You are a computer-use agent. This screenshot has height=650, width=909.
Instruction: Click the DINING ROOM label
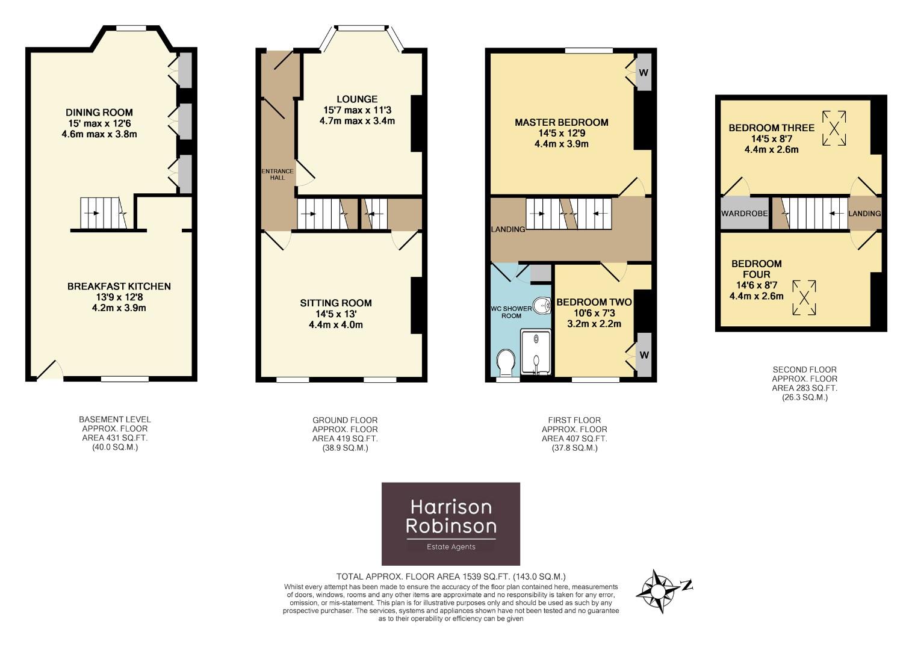pos(99,113)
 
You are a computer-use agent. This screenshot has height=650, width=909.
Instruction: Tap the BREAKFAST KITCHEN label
pos(119,286)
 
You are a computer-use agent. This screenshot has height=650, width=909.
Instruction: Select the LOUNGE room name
pos(357,99)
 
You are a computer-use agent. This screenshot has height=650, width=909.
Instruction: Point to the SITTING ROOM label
pos(336,303)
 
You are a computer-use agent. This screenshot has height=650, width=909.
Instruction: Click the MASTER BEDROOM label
pos(561,123)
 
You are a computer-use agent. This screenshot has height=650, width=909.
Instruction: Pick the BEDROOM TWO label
pos(594,302)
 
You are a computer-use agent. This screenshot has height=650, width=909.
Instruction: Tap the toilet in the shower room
pos(506,362)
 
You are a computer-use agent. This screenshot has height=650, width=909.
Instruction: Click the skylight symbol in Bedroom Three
pos(834,128)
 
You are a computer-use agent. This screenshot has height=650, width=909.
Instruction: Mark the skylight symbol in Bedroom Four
pos(804,297)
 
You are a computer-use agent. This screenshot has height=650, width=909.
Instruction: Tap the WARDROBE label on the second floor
pos(744,214)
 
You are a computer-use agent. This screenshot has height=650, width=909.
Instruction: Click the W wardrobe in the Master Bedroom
pos(643,73)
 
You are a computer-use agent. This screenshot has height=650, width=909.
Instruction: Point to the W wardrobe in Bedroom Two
pos(644,355)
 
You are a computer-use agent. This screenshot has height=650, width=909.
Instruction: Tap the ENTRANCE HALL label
pos(278,175)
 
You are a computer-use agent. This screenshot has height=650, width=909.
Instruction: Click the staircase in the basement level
pos(105,213)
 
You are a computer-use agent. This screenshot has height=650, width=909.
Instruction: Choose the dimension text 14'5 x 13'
pos(336,314)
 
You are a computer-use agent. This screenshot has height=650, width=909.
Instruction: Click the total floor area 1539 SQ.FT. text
pos(451,576)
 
